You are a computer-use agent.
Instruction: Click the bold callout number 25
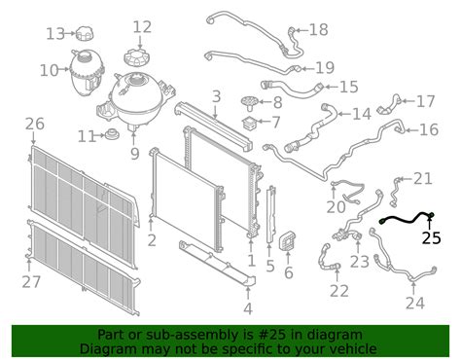pyautogui.click(x=431, y=238)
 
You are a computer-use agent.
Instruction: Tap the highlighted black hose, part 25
pyautogui.click(x=406, y=219)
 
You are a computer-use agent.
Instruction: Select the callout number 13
pyautogui.click(x=55, y=34)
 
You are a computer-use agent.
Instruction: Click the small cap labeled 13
pyautogui.click(x=85, y=33)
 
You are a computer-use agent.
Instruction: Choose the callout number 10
pyautogui.click(x=50, y=70)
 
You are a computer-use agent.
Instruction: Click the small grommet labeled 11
pyautogui.click(x=113, y=134)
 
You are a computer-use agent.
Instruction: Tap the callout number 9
pyautogui.click(x=135, y=154)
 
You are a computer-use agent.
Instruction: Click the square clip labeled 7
pyautogui.click(x=251, y=124)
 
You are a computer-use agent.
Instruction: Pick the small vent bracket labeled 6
pyautogui.click(x=287, y=241)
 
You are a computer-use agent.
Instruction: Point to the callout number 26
pyautogui.click(x=35, y=124)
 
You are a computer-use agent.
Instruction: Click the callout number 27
pyautogui.click(x=31, y=281)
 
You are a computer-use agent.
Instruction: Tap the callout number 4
pyautogui.click(x=248, y=308)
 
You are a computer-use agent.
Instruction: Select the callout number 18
pyautogui.click(x=319, y=29)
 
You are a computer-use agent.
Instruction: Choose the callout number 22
pyautogui.click(x=339, y=291)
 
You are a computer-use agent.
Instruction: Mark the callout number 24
pyautogui.click(x=415, y=303)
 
